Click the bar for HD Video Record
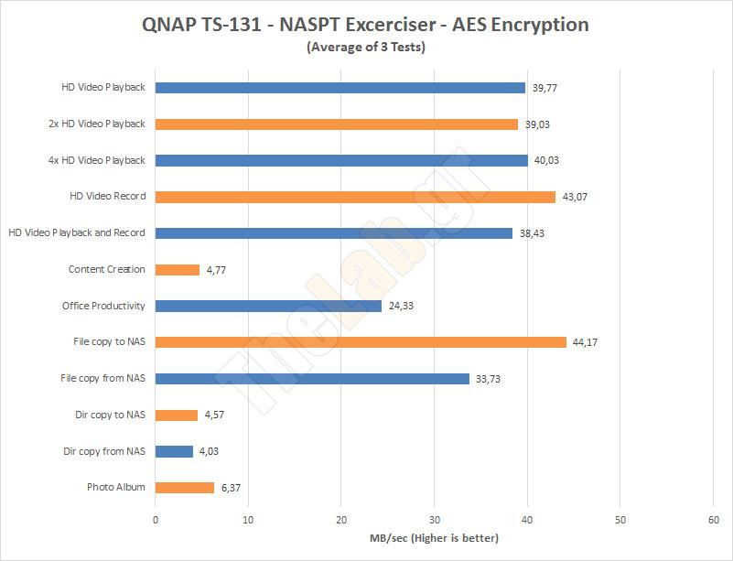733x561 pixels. click(355, 197)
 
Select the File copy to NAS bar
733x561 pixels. click(361, 342)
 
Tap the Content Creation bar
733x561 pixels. click(178, 270)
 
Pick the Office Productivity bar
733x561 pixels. click(268, 306)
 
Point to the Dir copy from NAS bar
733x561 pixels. click(174, 451)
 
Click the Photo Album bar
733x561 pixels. click(185, 488)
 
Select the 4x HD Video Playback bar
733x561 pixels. click(341, 160)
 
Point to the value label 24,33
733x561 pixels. click(400, 306)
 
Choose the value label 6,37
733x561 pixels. click(232, 488)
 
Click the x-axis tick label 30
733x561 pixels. click(435, 520)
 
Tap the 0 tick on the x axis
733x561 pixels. click(156, 520)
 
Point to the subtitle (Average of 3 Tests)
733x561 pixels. click(366, 48)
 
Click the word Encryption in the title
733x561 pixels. click(537, 25)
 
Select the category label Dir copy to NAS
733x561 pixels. click(110, 415)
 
